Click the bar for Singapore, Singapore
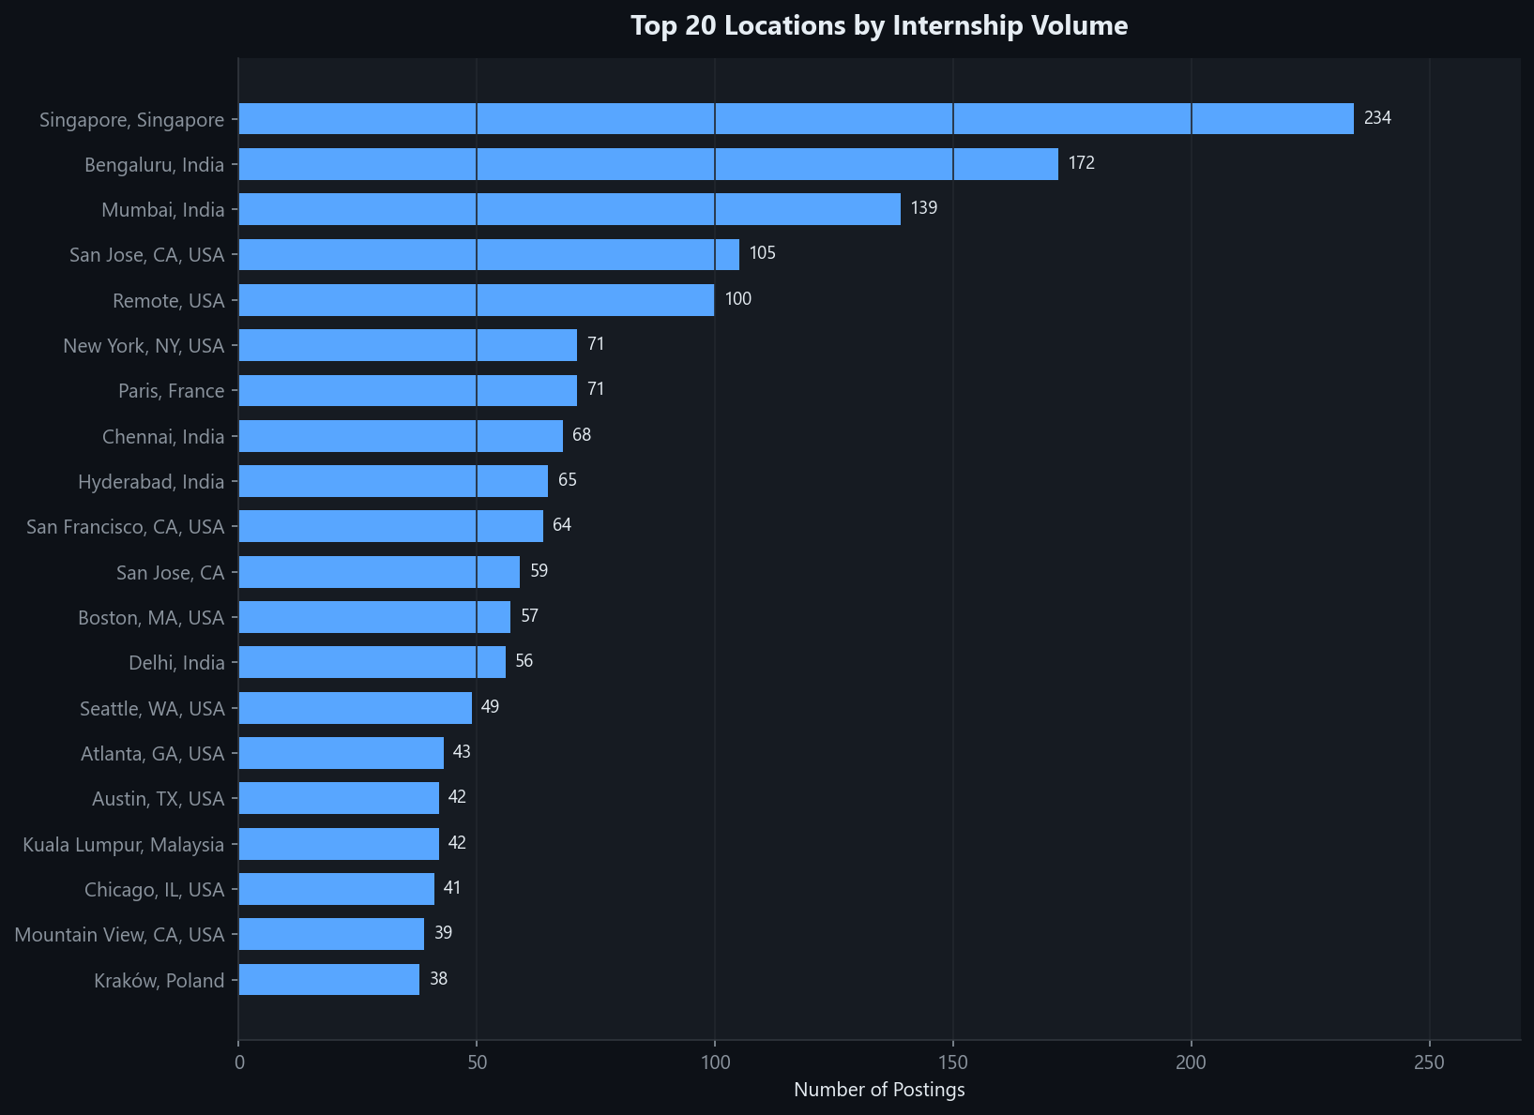(796, 119)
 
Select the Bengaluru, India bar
(648, 164)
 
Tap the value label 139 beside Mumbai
(924, 208)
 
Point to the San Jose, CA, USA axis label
(147, 255)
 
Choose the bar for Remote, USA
(476, 300)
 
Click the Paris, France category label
(172, 391)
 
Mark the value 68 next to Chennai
(582, 435)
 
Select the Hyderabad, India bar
(393, 481)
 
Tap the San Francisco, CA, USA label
(126, 527)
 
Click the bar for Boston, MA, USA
(374, 617)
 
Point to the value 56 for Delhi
(524, 661)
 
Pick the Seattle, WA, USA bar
(355, 708)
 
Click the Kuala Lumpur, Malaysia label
(124, 845)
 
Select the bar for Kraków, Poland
(328, 979)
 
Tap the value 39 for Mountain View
(443, 933)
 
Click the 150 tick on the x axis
(953, 1062)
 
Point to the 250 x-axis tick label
(1430, 1062)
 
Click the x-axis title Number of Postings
(879, 1090)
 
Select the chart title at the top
(879, 25)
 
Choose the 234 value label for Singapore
(1377, 118)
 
